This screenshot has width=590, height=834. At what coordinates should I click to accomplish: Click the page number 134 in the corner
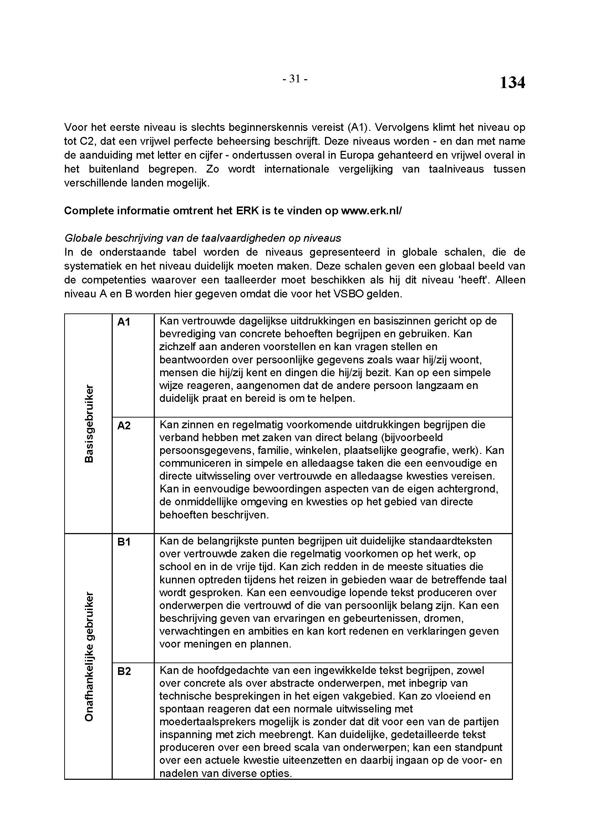[x=512, y=83]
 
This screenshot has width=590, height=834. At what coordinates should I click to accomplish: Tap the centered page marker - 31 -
[x=295, y=79]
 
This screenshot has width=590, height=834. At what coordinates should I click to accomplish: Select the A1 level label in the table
[x=124, y=322]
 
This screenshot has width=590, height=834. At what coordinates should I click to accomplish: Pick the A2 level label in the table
[x=124, y=426]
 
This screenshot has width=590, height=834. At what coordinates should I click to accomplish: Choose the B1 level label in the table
[x=124, y=542]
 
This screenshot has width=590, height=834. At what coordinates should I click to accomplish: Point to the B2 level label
[x=124, y=671]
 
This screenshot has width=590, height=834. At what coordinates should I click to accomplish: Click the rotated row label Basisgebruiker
[x=89, y=424]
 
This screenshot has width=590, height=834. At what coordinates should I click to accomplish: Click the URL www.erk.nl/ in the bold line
[x=371, y=211]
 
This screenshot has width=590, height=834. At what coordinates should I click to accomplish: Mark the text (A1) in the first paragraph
[x=358, y=128]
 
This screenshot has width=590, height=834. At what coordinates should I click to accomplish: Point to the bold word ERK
[x=247, y=211]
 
